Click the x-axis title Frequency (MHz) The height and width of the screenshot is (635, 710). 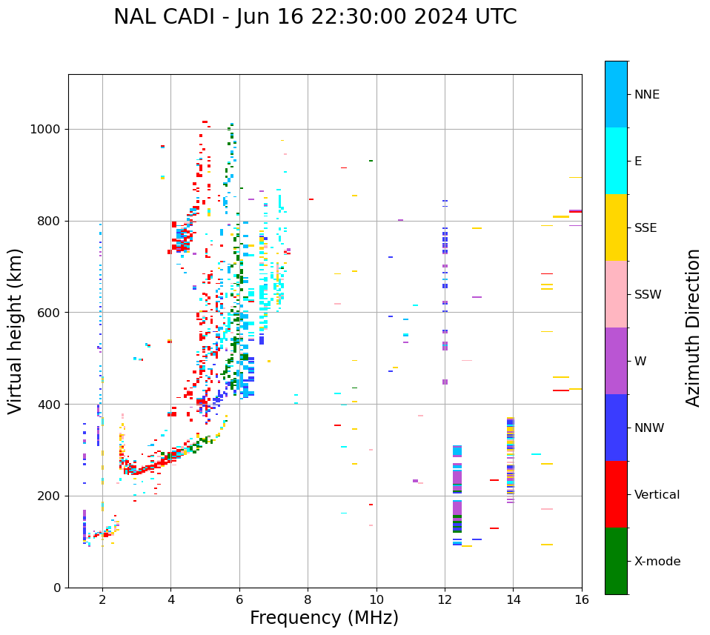coord(324,618)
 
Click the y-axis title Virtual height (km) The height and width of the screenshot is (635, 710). coord(16,330)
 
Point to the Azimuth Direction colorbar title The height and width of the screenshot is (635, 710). coord(693,328)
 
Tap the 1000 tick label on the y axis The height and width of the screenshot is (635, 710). coord(45,130)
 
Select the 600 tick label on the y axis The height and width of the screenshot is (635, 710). coord(49,313)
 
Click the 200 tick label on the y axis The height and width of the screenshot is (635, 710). coord(49,496)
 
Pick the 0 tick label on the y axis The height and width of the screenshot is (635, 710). coord(57,588)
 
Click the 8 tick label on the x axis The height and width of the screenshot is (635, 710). coord(308,599)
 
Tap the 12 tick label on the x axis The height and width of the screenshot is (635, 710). coord(445,599)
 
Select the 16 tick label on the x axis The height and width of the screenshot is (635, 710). coord(582,599)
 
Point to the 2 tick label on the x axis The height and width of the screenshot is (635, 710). coord(102,599)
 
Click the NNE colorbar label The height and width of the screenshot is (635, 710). coord(647,95)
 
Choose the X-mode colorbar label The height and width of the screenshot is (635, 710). coord(657,562)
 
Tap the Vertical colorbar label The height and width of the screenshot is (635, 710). coord(657,495)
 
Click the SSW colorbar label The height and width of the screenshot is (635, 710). coord(648,295)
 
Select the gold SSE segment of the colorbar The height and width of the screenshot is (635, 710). coord(616,227)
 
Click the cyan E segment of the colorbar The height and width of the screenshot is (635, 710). coord(616,161)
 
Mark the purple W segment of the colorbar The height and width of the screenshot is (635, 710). coord(616,361)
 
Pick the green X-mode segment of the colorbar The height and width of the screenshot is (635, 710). coord(616,561)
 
